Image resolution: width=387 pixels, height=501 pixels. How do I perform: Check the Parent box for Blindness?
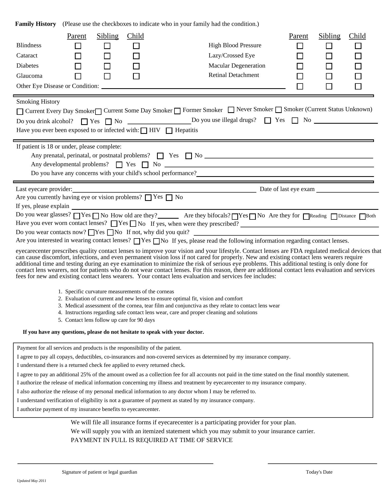pyautogui.click(x=78, y=46)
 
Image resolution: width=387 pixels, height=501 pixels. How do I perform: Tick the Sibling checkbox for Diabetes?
pyautogui.click(x=107, y=66)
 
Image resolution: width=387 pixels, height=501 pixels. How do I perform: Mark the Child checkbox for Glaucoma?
pyautogui.click(x=136, y=76)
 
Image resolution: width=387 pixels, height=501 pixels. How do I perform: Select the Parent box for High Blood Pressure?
pyautogui.click(x=300, y=46)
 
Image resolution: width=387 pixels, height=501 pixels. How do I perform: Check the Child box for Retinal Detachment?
pyautogui.click(x=358, y=76)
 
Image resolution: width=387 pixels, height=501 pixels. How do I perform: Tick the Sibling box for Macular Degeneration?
pyautogui.click(x=329, y=66)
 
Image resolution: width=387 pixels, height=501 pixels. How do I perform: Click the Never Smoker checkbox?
pyautogui.click(x=231, y=110)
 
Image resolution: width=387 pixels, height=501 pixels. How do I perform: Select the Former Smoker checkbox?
pyautogui.click(x=177, y=111)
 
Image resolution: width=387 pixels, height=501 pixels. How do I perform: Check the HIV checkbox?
pyautogui.click(x=144, y=131)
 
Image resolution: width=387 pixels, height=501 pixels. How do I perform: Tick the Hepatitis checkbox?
pyautogui.click(x=169, y=131)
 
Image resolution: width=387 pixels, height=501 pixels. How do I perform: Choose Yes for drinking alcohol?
pyautogui.click(x=84, y=122)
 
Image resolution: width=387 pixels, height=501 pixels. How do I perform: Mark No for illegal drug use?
pyautogui.click(x=295, y=121)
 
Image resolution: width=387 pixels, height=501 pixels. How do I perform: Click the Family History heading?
pyautogui.click(x=35, y=24)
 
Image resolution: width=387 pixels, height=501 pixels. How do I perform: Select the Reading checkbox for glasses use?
pyautogui.click(x=306, y=217)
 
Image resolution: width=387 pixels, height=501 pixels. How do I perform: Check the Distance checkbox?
pyautogui.click(x=334, y=217)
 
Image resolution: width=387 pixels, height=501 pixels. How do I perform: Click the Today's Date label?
pyautogui.click(x=319, y=472)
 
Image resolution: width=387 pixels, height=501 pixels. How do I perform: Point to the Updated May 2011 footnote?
pyautogui.click(x=32, y=481)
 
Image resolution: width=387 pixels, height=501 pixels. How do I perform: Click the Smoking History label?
pyautogui.click(x=38, y=102)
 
